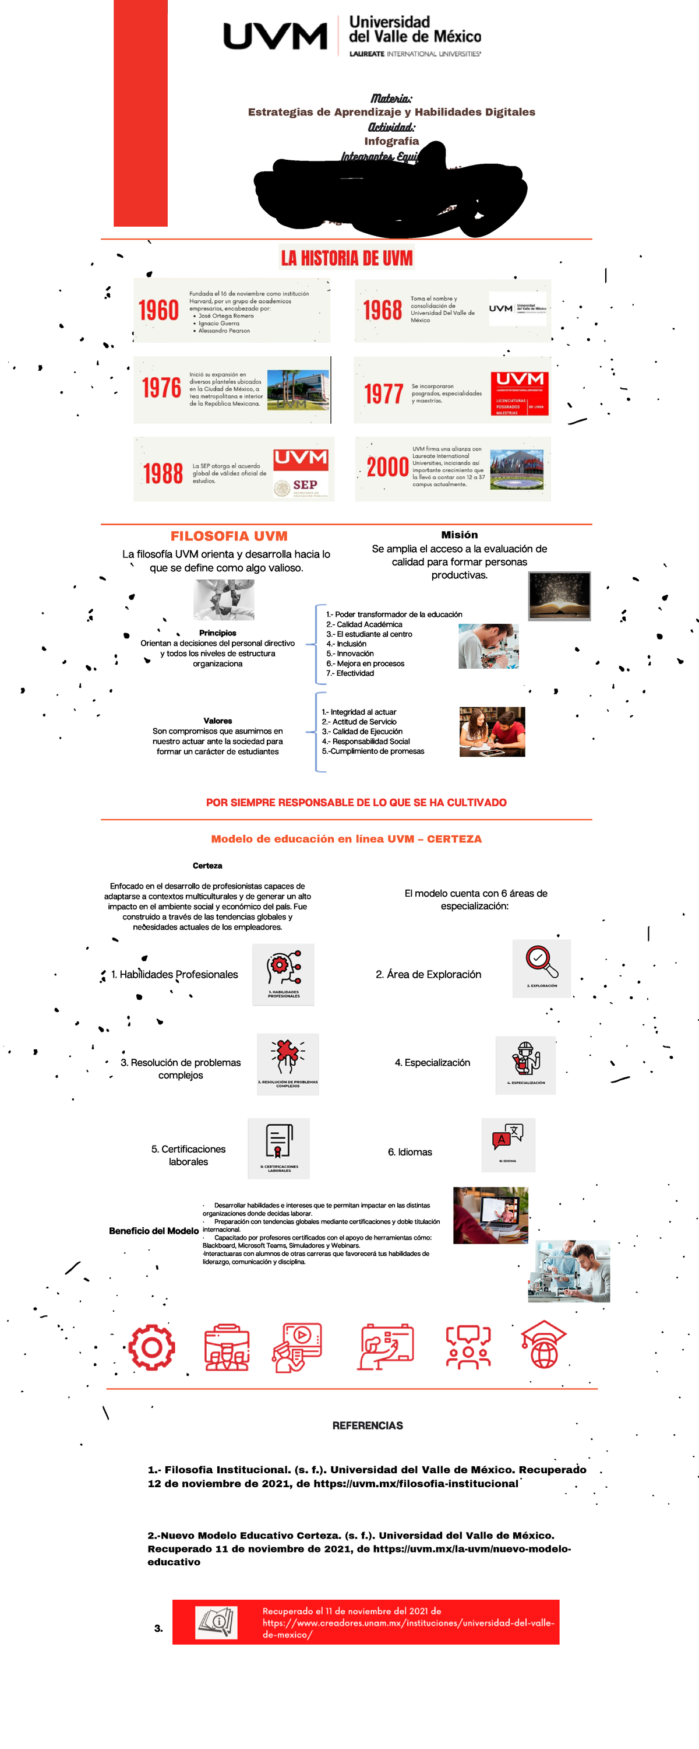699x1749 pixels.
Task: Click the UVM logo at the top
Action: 275,36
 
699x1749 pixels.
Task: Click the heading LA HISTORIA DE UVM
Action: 347,258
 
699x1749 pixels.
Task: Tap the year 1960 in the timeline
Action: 159,311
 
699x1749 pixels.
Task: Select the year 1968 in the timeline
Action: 383,311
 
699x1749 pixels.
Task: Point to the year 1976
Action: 161,388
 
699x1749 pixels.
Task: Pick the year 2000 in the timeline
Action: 387,467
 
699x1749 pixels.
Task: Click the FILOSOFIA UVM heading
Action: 229,536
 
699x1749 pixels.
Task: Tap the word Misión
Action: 460,535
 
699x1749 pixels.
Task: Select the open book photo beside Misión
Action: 559,595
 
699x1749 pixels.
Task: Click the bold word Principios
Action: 218,633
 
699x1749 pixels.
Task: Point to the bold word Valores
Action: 218,721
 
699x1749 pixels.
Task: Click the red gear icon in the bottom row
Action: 152,1347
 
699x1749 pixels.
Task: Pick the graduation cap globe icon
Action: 543,1345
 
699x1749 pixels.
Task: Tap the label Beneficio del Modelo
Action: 154,1231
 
